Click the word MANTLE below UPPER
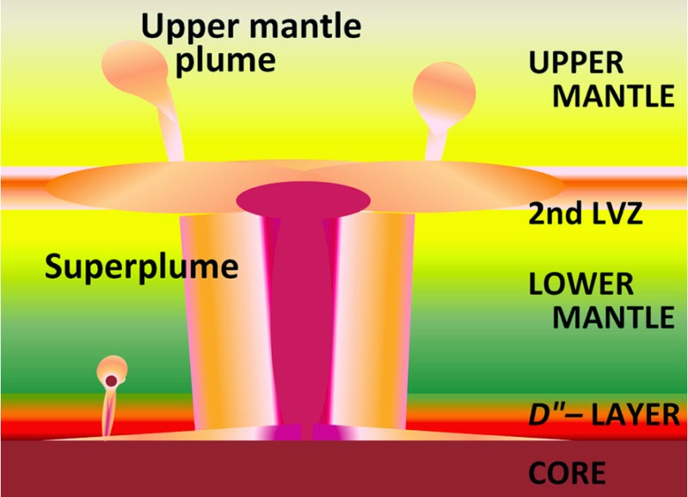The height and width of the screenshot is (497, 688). pos(612,95)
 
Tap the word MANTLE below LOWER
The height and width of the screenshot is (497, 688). pos(612,317)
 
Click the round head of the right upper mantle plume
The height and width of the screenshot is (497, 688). pos(444,91)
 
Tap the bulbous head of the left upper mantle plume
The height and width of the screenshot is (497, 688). pos(131,64)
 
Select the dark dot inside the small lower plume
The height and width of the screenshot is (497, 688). pos(111,381)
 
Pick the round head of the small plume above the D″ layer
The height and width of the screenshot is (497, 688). pos(113,367)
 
